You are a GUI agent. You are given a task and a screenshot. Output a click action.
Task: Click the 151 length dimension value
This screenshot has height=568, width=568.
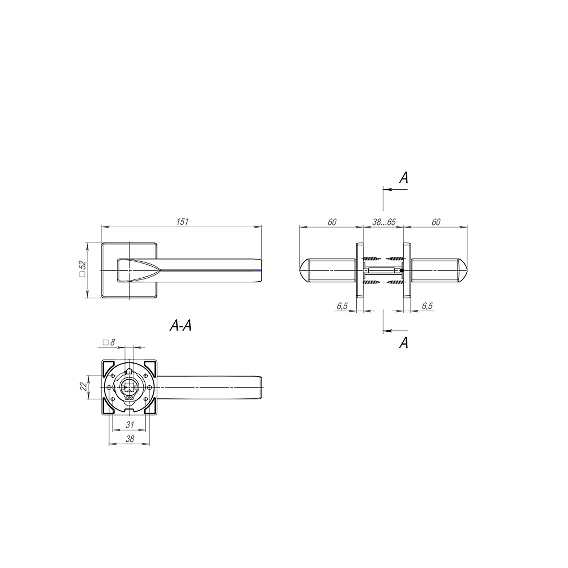182,222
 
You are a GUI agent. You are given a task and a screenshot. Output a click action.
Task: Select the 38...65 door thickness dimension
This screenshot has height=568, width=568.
384,222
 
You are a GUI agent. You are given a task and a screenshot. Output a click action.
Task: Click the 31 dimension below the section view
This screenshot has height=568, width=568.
130,425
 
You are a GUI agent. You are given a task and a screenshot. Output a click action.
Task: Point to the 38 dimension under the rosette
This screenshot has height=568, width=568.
130,439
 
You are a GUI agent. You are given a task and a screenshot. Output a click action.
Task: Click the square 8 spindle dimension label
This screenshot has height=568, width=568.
109,342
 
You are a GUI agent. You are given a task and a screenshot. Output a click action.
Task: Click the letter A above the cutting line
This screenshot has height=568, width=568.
404,178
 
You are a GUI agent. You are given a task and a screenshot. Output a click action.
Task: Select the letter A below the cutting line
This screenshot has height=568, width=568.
404,343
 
